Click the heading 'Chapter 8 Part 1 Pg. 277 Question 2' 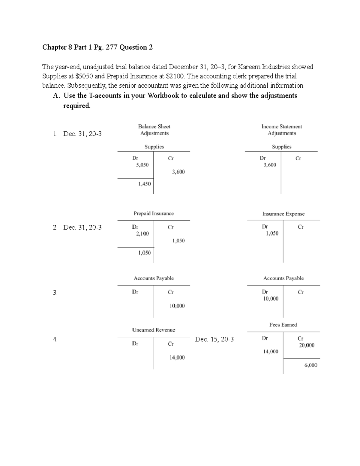97,47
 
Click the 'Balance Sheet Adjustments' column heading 154,130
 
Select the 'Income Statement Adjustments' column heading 282,130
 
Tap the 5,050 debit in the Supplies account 142,165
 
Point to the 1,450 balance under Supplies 144,184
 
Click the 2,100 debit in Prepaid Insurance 142,233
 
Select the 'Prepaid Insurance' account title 154,213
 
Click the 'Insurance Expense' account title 283,214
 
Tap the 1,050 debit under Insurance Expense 272,233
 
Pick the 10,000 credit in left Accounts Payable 177,306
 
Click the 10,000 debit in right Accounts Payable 271,299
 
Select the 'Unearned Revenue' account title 154,330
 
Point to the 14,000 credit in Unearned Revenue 177,357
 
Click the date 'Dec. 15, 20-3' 214,339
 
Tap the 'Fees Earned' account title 283,325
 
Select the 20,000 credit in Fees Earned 307,345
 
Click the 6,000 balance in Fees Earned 310,365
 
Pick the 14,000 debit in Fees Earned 271,351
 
